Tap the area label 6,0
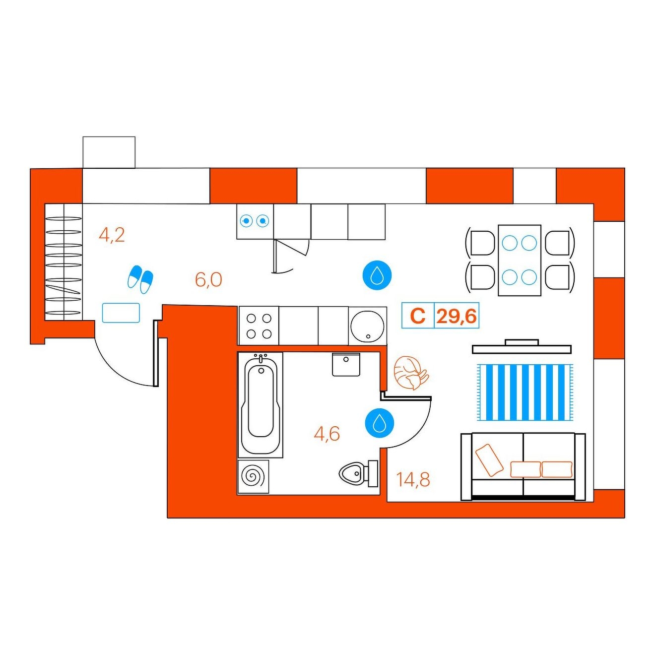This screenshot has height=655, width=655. coord(208,280)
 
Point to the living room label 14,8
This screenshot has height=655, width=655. coord(413,480)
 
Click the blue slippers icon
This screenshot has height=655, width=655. coord(140,279)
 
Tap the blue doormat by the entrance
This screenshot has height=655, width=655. coord(121,313)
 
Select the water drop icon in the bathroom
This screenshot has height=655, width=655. coord(379,423)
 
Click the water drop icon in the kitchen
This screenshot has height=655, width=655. coord(377,275)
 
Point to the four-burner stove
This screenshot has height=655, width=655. coord(259,326)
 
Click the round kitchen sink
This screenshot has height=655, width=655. coord(367,326)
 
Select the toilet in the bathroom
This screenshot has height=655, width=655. coord(358,472)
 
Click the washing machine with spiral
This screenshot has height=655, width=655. coord(253,476)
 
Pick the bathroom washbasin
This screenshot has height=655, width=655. coord(346,364)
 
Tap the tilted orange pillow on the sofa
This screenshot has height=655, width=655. coord(489,460)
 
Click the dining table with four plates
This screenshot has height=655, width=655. coord(520,260)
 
